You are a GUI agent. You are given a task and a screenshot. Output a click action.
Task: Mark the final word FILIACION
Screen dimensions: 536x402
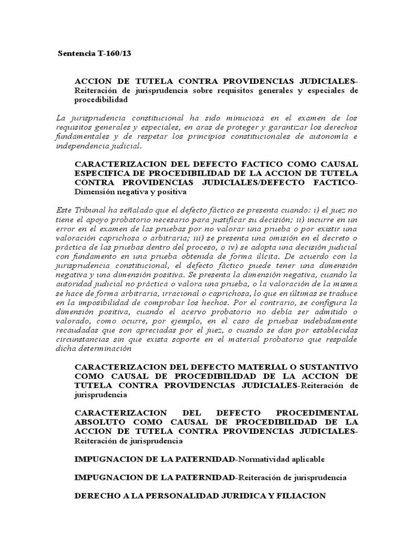300,496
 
